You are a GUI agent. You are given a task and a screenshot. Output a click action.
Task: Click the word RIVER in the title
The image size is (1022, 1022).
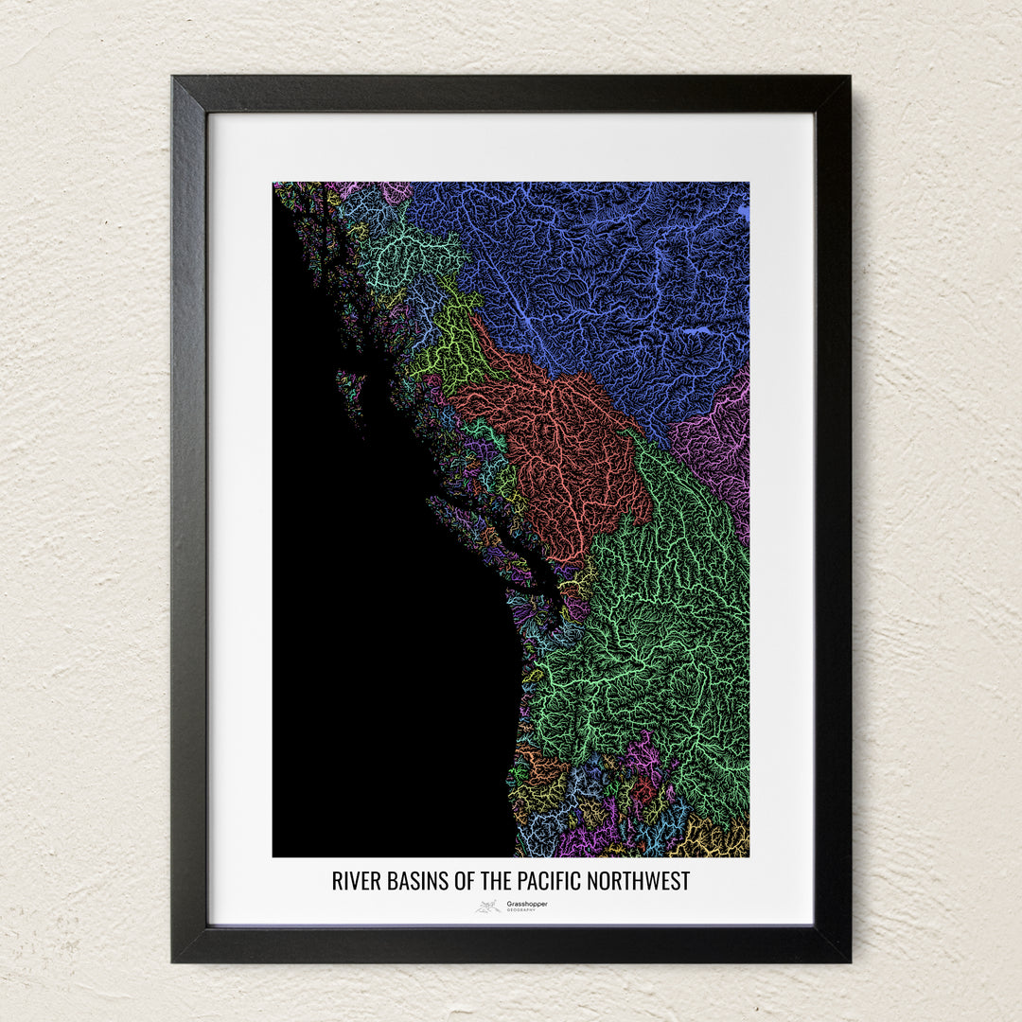pos(353,881)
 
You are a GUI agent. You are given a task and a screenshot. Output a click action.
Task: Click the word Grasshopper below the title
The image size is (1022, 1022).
pos(526,904)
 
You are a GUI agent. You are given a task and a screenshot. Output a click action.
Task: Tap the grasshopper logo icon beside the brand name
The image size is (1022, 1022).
pos(488,907)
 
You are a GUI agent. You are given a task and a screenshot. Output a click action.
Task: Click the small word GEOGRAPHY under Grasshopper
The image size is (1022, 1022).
pos(520,910)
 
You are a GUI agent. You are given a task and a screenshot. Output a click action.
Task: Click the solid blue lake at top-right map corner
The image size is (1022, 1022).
pos(743,213)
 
